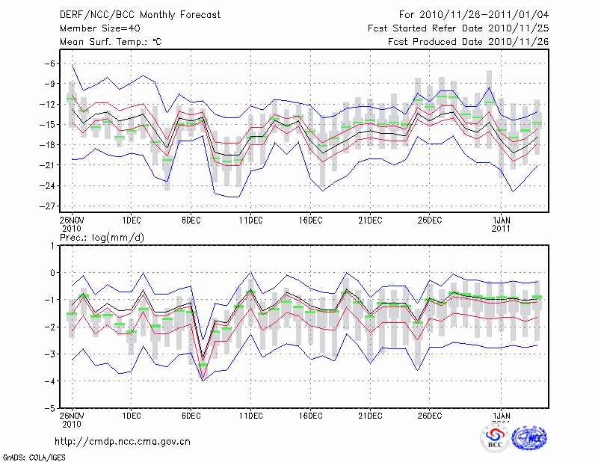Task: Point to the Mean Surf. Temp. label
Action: [x=111, y=42]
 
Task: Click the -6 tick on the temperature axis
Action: [x=49, y=64]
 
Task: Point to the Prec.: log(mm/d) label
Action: [x=105, y=238]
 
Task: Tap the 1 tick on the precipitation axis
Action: [x=52, y=245]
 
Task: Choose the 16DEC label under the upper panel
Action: [x=310, y=220]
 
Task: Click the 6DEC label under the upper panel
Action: [x=191, y=220]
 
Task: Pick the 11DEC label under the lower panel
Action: [x=250, y=414]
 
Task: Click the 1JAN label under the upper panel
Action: [x=502, y=220]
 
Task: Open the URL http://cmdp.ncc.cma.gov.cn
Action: [x=123, y=441]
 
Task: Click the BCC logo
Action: [x=495, y=437]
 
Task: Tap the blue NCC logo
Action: [x=529, y=438]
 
